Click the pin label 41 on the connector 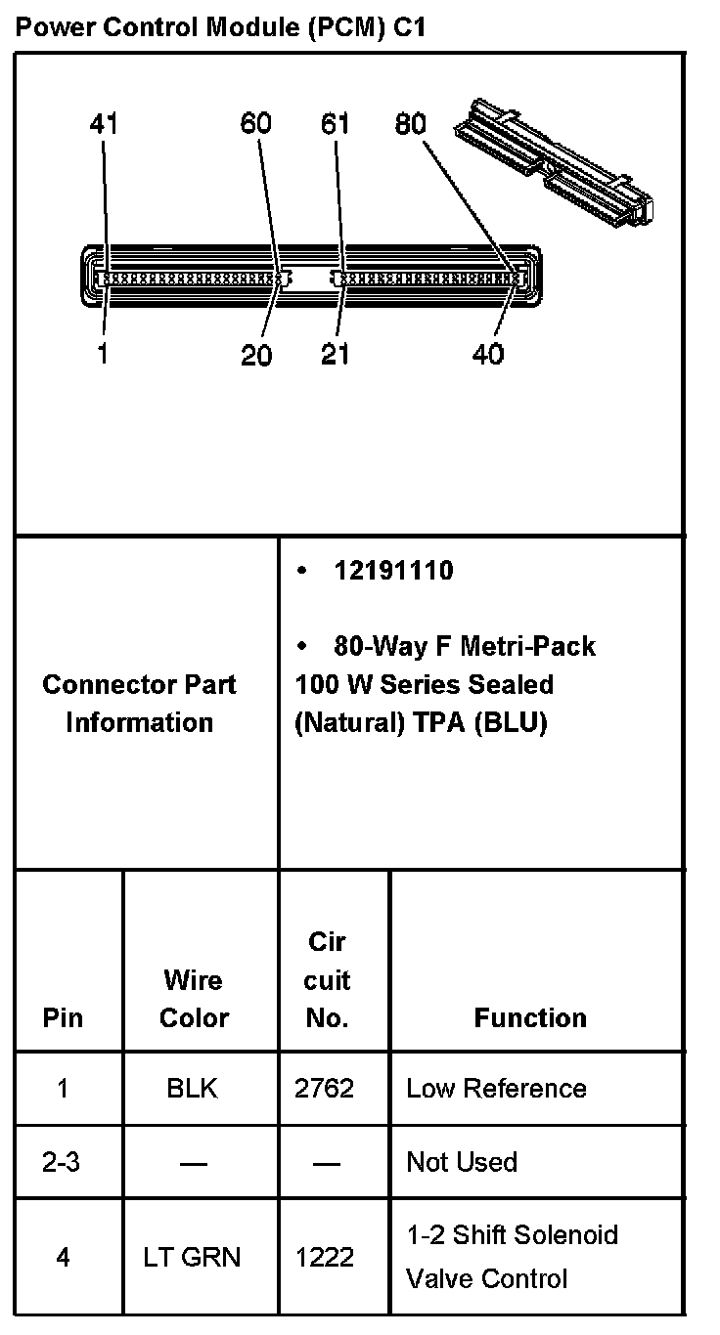104,124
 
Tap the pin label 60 256,124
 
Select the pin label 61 336,124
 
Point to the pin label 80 411,124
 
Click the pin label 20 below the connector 256,355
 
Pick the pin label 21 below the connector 336,355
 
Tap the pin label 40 487,355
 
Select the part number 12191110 393,571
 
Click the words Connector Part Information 139,704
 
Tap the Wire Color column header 194,999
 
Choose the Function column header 530,1018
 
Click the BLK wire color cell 193,1089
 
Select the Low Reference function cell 496,1089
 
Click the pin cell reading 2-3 63,1162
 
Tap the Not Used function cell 461,1162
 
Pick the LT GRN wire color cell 192,1257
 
